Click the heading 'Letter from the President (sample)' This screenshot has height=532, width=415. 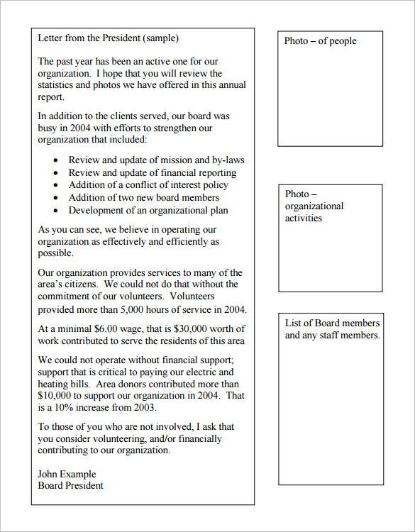pos(108,38)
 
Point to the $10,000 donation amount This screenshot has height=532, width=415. pos(57,396)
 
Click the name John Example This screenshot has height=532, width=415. pos(67,474)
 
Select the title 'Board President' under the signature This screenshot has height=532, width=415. pos(70,486)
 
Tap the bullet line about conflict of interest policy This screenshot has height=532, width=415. pos(148,185)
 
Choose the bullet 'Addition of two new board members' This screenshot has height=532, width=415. pos(143,198)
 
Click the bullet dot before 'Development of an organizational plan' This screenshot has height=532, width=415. pos(56,211)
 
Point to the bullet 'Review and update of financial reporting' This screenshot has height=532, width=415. pos(152,172)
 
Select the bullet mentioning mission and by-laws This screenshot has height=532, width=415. pos(156,160)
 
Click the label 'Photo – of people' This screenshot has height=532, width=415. pos(320,41)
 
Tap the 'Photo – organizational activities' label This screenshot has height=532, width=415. pos(314,206)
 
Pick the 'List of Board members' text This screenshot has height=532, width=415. pos(332,323)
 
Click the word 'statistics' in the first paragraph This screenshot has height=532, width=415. pos(59,85)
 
